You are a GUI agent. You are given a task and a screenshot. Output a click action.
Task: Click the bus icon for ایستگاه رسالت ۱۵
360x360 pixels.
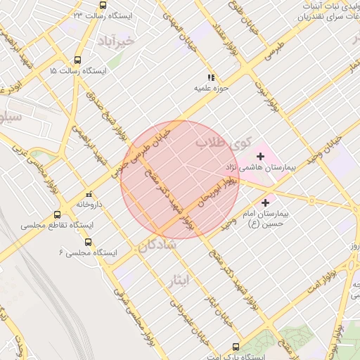point(77,60)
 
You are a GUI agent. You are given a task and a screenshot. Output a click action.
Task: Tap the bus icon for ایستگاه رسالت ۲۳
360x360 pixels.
point(103,5)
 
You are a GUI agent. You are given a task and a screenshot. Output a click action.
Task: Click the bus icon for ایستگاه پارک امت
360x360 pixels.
point(235,346)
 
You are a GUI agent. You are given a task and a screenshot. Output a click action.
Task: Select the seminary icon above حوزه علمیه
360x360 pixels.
point(210,77)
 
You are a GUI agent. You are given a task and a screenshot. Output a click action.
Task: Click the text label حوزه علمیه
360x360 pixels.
point(210,89)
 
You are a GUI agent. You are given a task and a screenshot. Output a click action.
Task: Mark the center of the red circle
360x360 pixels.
point(180,179)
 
